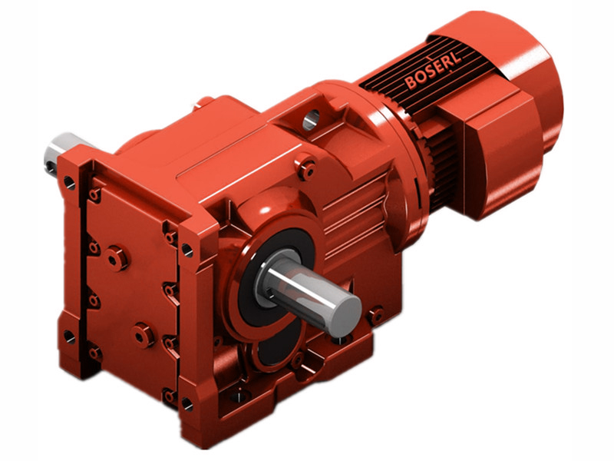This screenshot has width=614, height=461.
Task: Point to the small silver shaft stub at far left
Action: pos(58,151)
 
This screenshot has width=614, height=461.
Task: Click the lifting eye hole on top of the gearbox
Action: pos(312,119)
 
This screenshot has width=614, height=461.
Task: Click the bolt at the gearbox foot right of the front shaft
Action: pos(375,315)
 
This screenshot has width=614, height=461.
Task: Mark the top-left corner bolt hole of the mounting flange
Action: pos(70,183)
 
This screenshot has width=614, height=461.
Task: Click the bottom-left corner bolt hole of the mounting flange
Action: pos(70,337)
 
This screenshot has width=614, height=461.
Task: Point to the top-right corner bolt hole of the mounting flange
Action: pos(187,249)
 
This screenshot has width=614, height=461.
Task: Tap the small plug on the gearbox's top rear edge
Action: pos(205,101)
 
